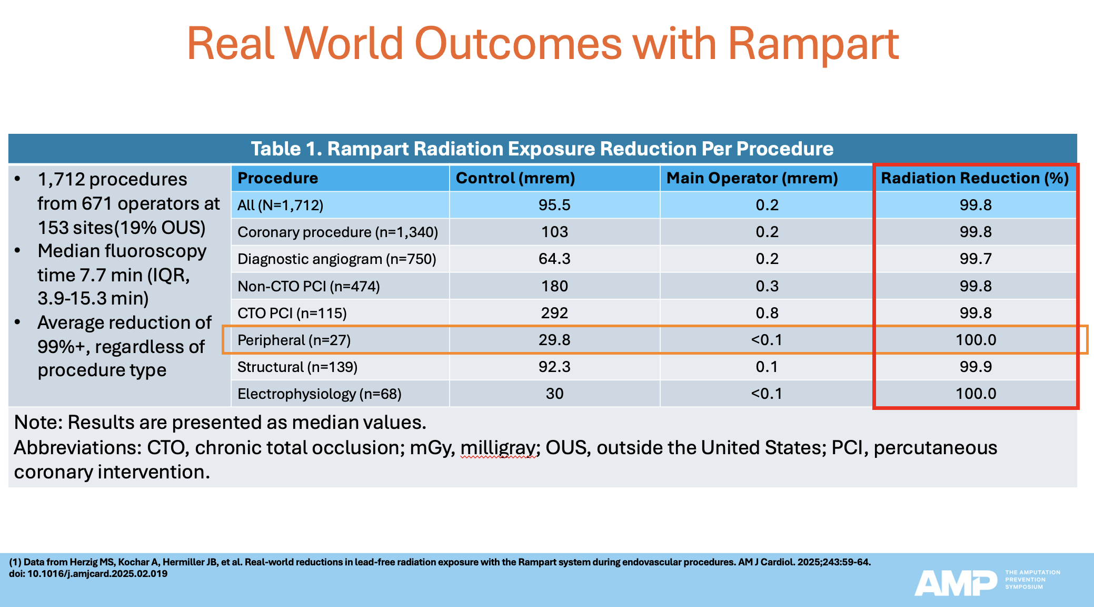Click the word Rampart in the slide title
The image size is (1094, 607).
(x=813, y=44)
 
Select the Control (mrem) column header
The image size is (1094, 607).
(x=515, y=178)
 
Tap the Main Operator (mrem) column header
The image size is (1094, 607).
(x=752, y=178)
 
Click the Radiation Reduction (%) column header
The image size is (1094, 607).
(x=974, y=178)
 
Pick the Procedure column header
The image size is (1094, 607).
(x=277, y=178)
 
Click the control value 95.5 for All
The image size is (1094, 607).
(x=554, y=205)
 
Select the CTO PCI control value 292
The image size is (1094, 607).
(x=554, y=313)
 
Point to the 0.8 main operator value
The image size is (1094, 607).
(x=767, y=313)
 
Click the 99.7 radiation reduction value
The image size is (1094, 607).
(x=976, y=259)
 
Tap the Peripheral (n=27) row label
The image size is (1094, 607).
(x=294, y=340)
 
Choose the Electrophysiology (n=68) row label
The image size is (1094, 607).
(x=319, y=394)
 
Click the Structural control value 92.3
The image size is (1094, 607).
(x=554, y=367)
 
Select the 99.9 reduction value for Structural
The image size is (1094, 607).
(x=976, y=367)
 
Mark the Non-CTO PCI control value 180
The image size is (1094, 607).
(x=554, y=286)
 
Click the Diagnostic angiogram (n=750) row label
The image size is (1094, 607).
(x=336, y=259)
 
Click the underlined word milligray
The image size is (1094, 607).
(x=498, y=448)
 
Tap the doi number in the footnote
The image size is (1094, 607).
(x=97, y=574)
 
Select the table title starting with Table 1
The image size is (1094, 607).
(x=542, y=149)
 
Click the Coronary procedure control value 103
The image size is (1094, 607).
(x=554, y=232)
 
